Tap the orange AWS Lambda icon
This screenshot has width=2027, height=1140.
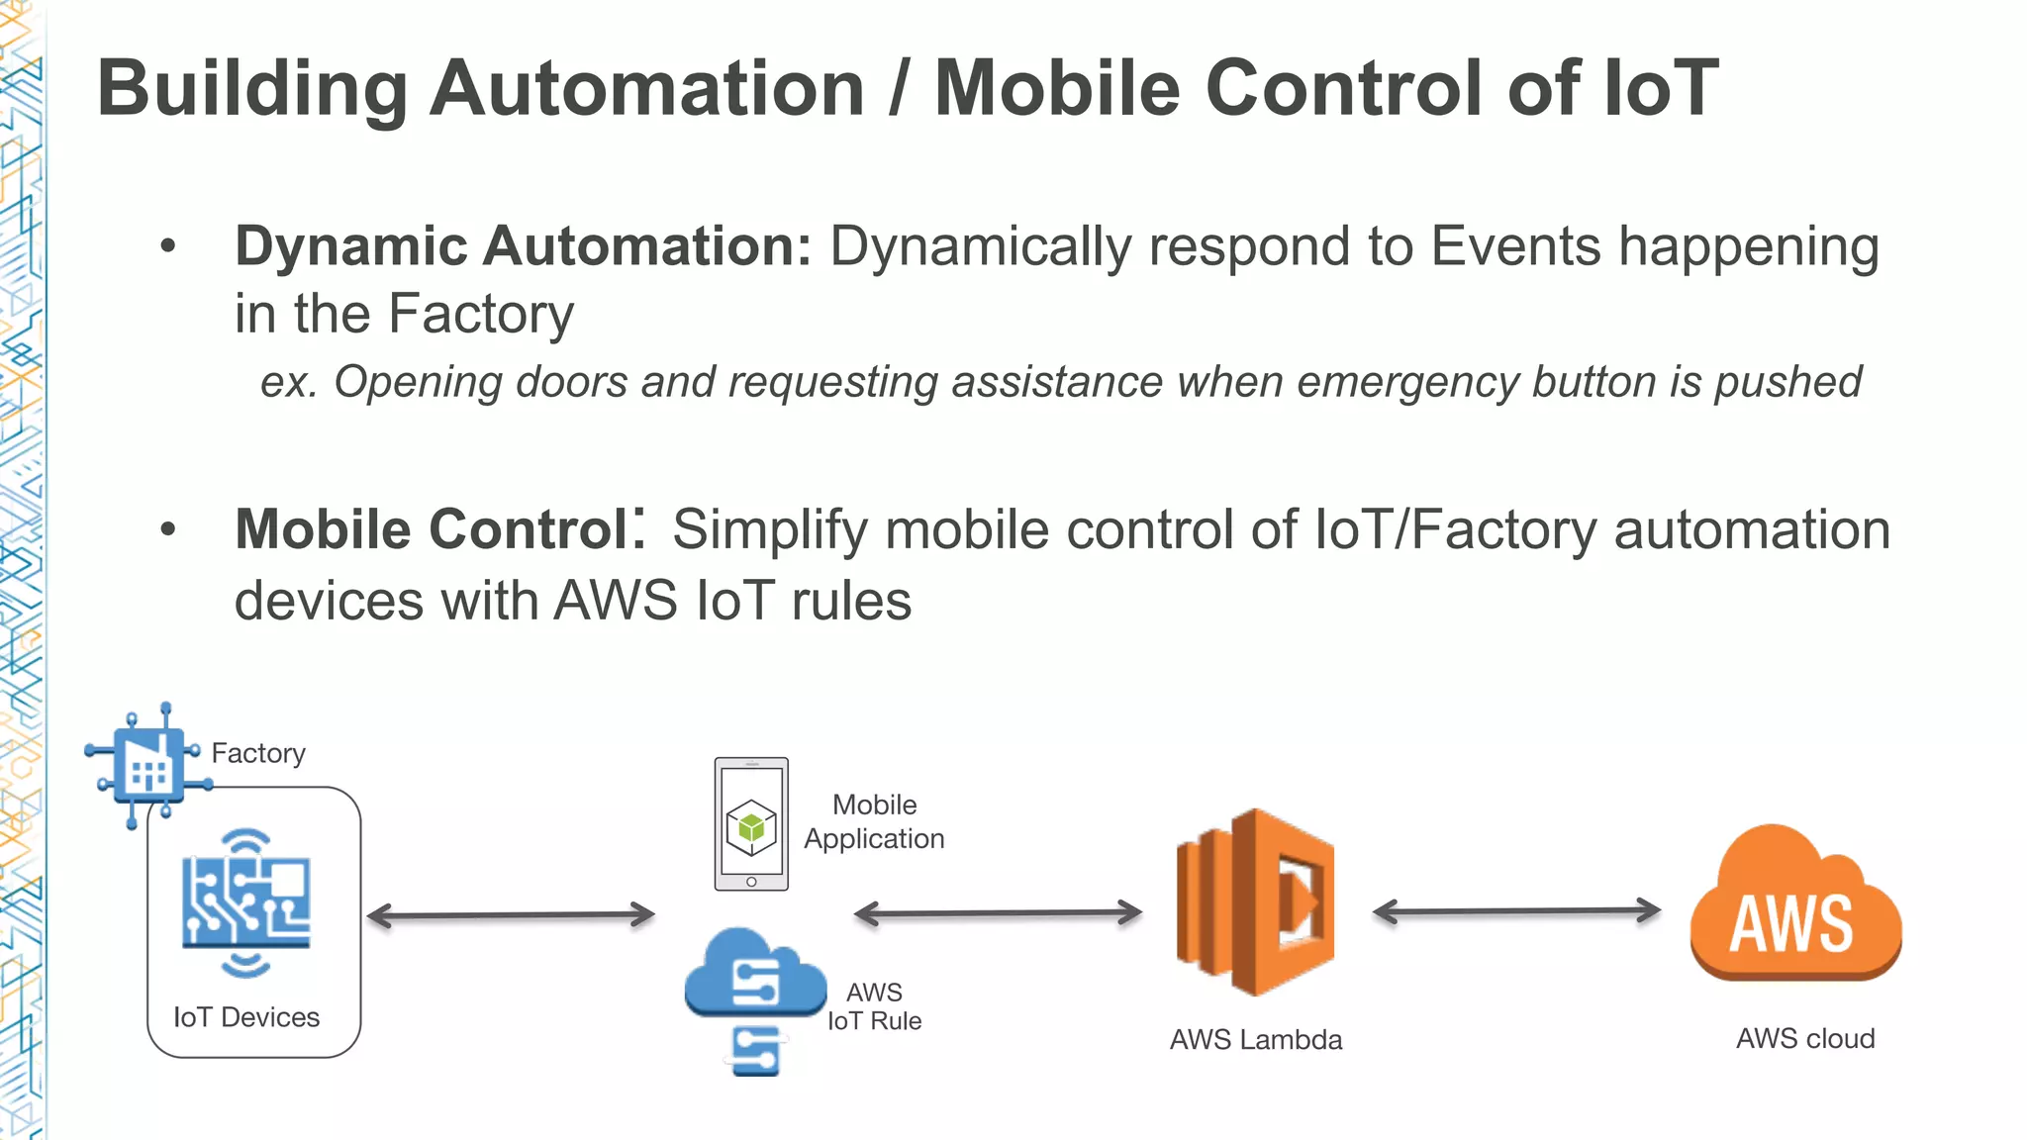[1255, 902]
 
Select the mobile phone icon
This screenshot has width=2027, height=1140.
[751, 824]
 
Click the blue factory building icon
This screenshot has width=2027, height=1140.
[148, 764]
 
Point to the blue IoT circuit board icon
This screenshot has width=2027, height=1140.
[245, 902]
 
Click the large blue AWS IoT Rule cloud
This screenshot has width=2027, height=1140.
[755, 975]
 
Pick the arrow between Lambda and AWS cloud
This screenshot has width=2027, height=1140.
[1516, 911]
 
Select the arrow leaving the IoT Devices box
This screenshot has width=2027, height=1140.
[511, 915]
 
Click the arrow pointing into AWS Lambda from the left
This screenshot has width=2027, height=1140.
[998, 913]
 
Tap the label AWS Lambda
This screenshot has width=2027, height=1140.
[1255, 1040]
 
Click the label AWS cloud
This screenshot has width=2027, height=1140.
[1804, 1039]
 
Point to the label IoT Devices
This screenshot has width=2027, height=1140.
[246, 1017]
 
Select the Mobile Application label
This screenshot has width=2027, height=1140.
[874, 821]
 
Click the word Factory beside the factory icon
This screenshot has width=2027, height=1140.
[258, 753]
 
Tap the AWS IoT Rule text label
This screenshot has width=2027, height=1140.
[874, 1006]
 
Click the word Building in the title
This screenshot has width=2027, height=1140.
[252, 89]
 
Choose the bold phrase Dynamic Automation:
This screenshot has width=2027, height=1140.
[523, 246]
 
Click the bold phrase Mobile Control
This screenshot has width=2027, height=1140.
[432, 529]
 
